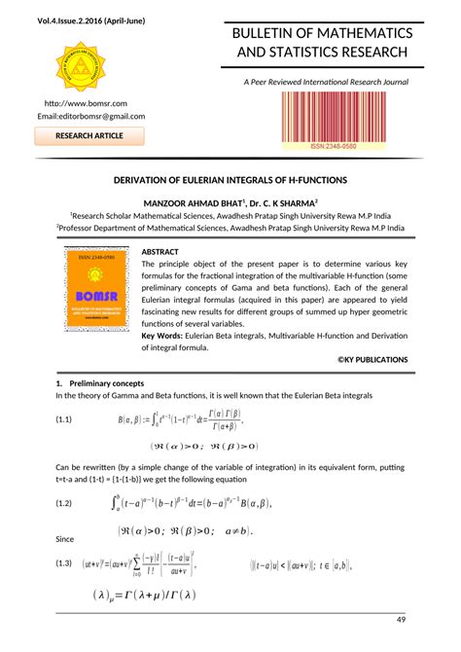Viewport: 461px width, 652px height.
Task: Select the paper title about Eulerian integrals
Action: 230,181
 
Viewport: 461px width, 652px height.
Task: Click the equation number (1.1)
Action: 64,419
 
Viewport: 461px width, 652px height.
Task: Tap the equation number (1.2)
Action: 64,503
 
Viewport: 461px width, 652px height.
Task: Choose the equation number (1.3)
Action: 64,563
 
